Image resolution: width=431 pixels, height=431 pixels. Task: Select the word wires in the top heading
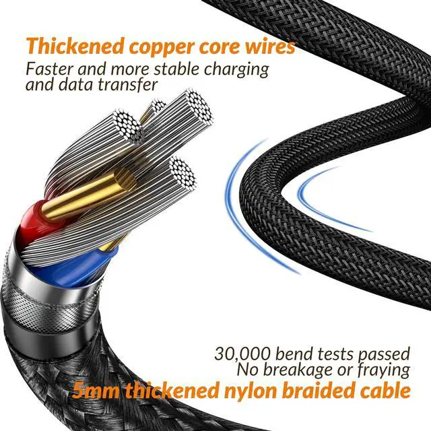click(269, 46)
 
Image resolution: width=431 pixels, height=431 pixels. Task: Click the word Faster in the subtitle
click(49, 69)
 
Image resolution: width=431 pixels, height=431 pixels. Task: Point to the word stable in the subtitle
click(177, 69)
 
